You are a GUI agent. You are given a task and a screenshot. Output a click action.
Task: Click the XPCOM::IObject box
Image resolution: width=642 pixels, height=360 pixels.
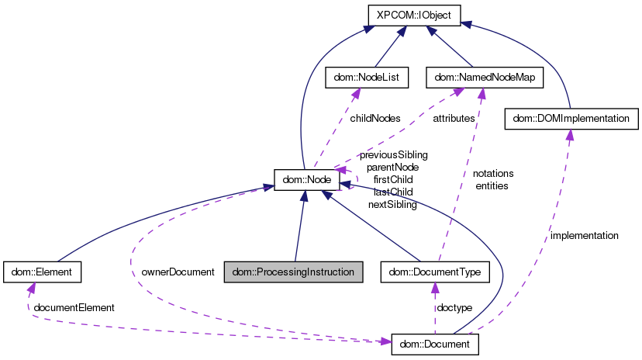[x=414, y=14]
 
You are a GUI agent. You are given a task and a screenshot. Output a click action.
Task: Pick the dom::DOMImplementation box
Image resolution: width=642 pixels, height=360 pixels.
[x=571, y=118]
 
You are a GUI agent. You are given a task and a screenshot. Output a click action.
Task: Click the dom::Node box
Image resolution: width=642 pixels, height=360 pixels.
[x=307, y=180]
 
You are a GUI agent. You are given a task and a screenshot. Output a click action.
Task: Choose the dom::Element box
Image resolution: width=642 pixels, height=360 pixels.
[x=43, y=272]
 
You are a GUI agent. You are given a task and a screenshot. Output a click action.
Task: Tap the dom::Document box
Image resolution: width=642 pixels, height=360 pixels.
[x=435, y=343]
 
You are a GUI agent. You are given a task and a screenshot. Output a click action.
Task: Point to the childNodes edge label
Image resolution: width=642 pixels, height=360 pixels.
[x=374, y=119]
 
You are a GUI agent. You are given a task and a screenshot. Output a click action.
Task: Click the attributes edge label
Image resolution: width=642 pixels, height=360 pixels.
[x=454, y=119]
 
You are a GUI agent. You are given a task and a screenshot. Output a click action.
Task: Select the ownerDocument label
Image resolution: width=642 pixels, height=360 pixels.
[x=178, y=272]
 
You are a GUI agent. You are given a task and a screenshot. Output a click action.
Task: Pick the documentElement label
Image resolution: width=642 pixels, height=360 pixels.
[x=74, y=307]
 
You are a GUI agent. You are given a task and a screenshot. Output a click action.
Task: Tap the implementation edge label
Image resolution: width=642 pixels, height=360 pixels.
[x=584, y=235]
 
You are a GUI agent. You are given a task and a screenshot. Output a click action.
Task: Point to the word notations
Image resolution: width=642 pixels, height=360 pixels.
[x=493, y=174]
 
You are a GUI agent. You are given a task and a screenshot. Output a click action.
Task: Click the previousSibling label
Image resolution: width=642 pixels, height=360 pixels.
[x=393, y=154]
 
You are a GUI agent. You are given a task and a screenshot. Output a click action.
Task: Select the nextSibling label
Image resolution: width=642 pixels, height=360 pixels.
[x=392, y=205]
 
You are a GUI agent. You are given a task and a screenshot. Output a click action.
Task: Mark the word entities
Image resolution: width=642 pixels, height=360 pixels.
[x=492, y=186]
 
